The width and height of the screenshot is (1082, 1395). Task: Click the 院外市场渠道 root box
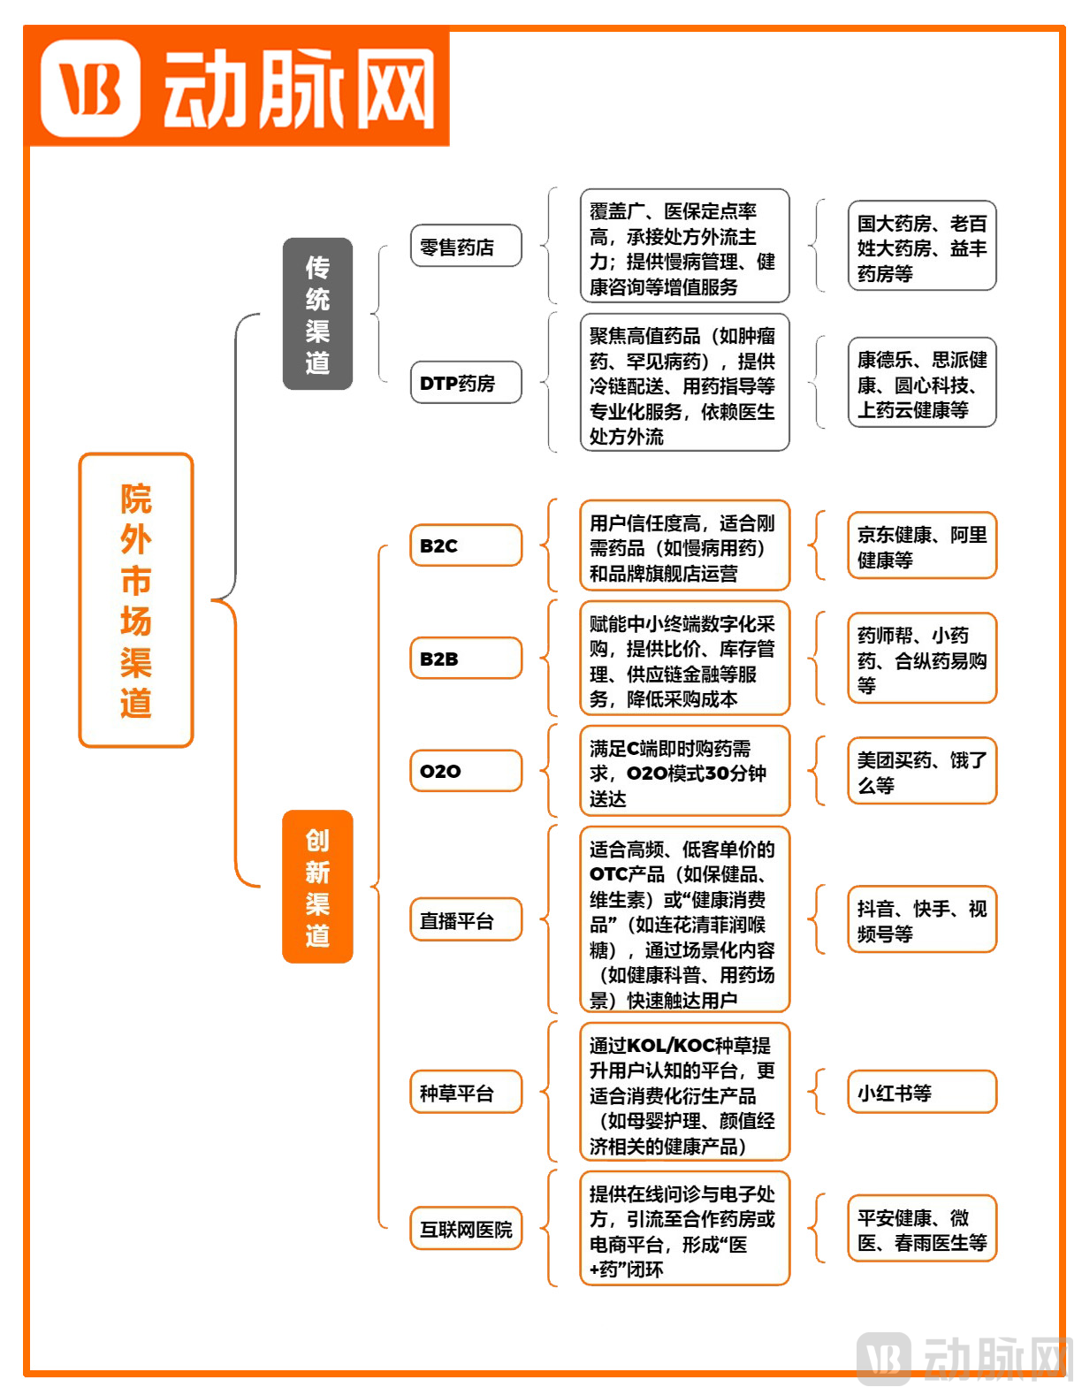(136, 600)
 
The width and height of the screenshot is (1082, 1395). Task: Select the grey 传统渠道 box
(317, 314)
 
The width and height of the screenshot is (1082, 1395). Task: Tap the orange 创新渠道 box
(317, 887)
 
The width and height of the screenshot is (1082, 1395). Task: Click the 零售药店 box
(466, 247)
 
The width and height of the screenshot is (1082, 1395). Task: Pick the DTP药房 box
(466, 383)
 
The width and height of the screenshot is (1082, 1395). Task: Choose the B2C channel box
(466, 545)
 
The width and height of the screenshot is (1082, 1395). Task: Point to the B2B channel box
(466, 659)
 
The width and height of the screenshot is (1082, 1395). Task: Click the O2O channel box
(466, 771)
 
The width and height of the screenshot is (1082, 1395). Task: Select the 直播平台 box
(466, 920)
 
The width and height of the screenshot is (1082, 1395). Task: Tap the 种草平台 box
(466, 1093)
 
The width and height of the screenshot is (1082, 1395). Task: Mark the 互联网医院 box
(466, 1229)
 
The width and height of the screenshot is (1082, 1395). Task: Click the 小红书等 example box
(921, 1093)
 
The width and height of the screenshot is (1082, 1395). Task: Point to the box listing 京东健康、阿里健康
(921, 546)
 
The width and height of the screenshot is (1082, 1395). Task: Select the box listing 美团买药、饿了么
(921, 771)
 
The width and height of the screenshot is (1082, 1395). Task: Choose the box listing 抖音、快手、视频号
(921, 920)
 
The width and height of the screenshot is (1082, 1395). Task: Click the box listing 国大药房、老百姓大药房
(921, 247)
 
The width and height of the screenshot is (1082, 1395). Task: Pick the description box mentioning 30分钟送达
(684, 772)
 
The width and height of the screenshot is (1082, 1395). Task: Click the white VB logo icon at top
(90, 88)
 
